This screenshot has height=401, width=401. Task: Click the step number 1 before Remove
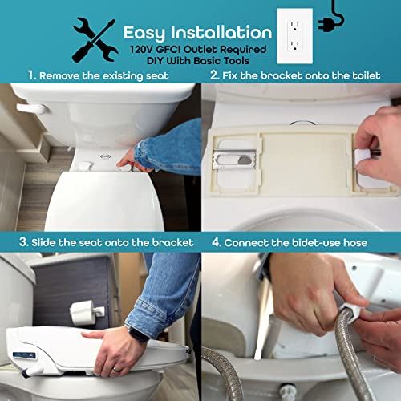pyautogui.click(x=31, y=76)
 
